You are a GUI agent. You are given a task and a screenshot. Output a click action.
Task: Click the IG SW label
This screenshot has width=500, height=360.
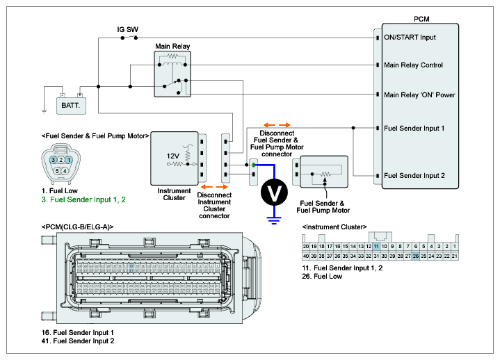[x=127, y=30]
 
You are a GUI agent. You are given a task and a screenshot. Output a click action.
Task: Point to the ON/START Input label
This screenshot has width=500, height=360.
[x=410, y=37]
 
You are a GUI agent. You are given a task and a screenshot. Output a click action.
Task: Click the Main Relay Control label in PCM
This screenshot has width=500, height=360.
[x=413, y=65]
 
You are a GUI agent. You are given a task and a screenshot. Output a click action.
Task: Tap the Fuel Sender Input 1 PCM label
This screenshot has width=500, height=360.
[x=414, y=129]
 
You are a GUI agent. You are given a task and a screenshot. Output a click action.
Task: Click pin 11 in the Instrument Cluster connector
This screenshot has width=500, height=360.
[x=376, y=246]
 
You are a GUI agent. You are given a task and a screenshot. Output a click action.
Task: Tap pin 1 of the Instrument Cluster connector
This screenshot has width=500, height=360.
[x=455, y=246]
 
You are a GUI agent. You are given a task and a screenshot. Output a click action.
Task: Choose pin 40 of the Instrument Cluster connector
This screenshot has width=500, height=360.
[x=306, y=256]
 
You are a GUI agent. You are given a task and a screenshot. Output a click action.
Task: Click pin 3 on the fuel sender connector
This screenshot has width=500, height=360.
[x=54, y=160]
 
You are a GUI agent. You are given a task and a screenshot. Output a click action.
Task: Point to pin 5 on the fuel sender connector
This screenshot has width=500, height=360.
[x=57, y=170]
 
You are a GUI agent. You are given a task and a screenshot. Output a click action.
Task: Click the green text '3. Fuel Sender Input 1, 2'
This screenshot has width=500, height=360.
[x=83, y=199]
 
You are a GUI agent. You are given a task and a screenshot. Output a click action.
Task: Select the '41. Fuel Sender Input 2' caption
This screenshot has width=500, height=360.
[x=78, y=341]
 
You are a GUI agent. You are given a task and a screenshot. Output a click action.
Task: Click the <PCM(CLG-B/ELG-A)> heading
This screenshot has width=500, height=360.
[x=77, y=227]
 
